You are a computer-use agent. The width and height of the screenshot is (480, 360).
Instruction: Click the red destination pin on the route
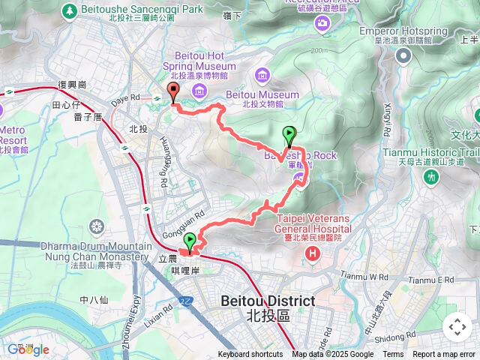(173, 93)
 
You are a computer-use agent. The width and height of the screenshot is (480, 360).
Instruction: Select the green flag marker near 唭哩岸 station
(190, 242)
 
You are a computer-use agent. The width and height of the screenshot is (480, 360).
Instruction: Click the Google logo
(28, 349)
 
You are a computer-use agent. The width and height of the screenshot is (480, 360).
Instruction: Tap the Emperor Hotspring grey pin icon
(404, 55)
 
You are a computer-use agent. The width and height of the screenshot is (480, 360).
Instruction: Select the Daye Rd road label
(125, 97)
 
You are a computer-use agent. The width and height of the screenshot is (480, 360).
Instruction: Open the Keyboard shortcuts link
(250, 355)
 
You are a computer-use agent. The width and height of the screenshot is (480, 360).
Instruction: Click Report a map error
(444, 355)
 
